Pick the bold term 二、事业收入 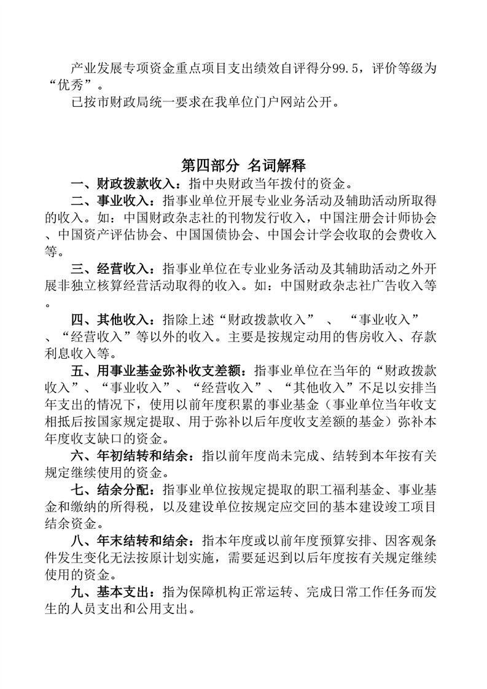(x=110, y=200)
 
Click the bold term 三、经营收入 (x=110, y=269)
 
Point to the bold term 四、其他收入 (x=110, y=320)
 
